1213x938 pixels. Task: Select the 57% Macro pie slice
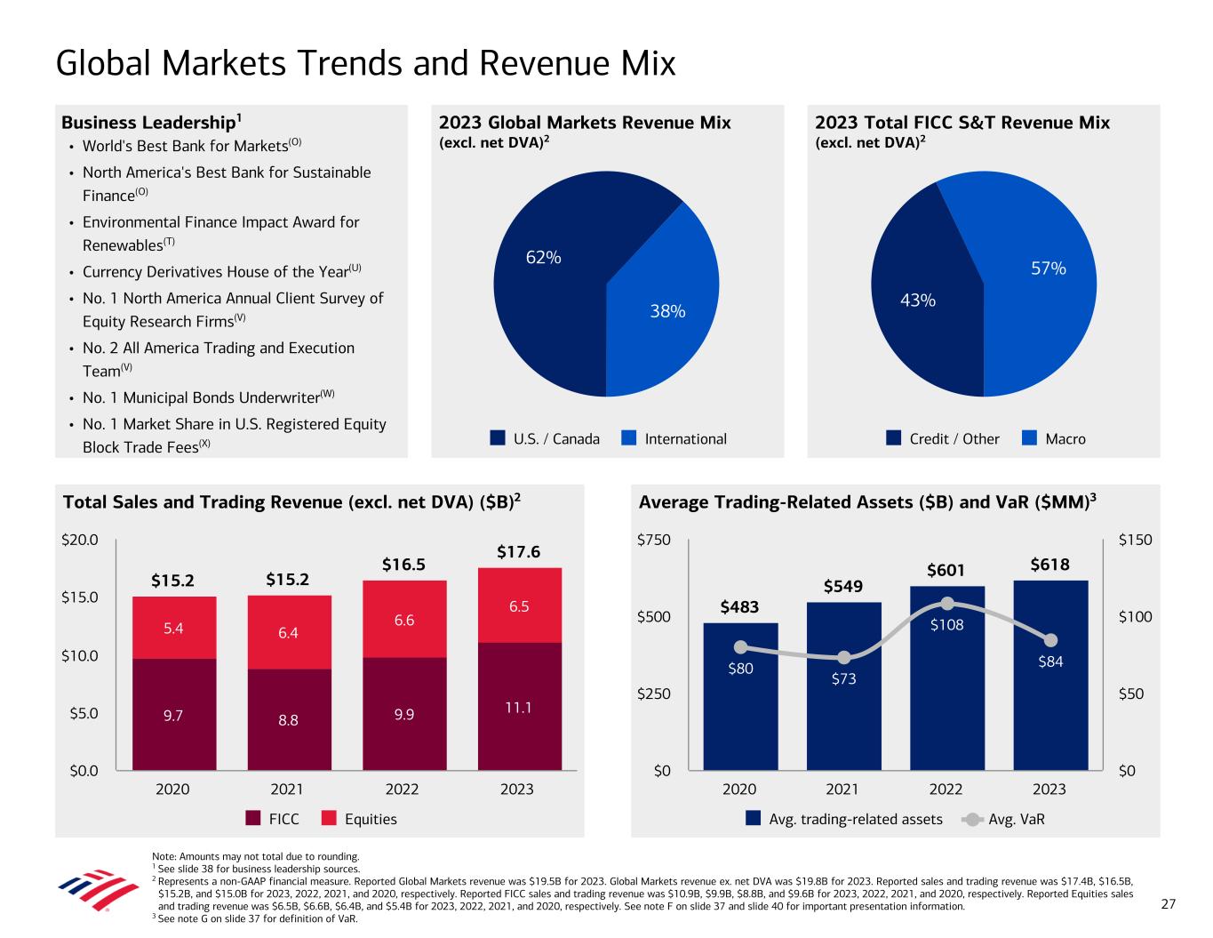pyautogui.click(x=1040, y=285)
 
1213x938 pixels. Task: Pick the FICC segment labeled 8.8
pyautogui.click(x=288, y=719)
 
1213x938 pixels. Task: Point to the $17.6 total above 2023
pyautogui.click(x=518, y=552)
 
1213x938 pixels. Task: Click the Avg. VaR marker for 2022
pyautogui.click(x=947, y=603)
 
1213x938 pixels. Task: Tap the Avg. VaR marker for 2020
pyautogui.click(x=740, y=647)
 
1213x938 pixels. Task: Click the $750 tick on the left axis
pyautogui.click(x=654, y=540)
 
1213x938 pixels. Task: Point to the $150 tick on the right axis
pyautogui.click(x=1135, y=540)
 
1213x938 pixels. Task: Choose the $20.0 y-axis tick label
pyautogui.click(x=79, y=540)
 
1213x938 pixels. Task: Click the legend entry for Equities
pyautogui.click(x=360, y=819)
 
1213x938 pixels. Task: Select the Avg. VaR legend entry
pyautogui.click(x=1005, y=819)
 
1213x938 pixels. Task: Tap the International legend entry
pyautogui.click(x=674, y=438)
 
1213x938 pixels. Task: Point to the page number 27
pyautogui.click(x=1169, y=904)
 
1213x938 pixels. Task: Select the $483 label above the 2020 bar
pyautogui.click(x=739, y=607)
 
